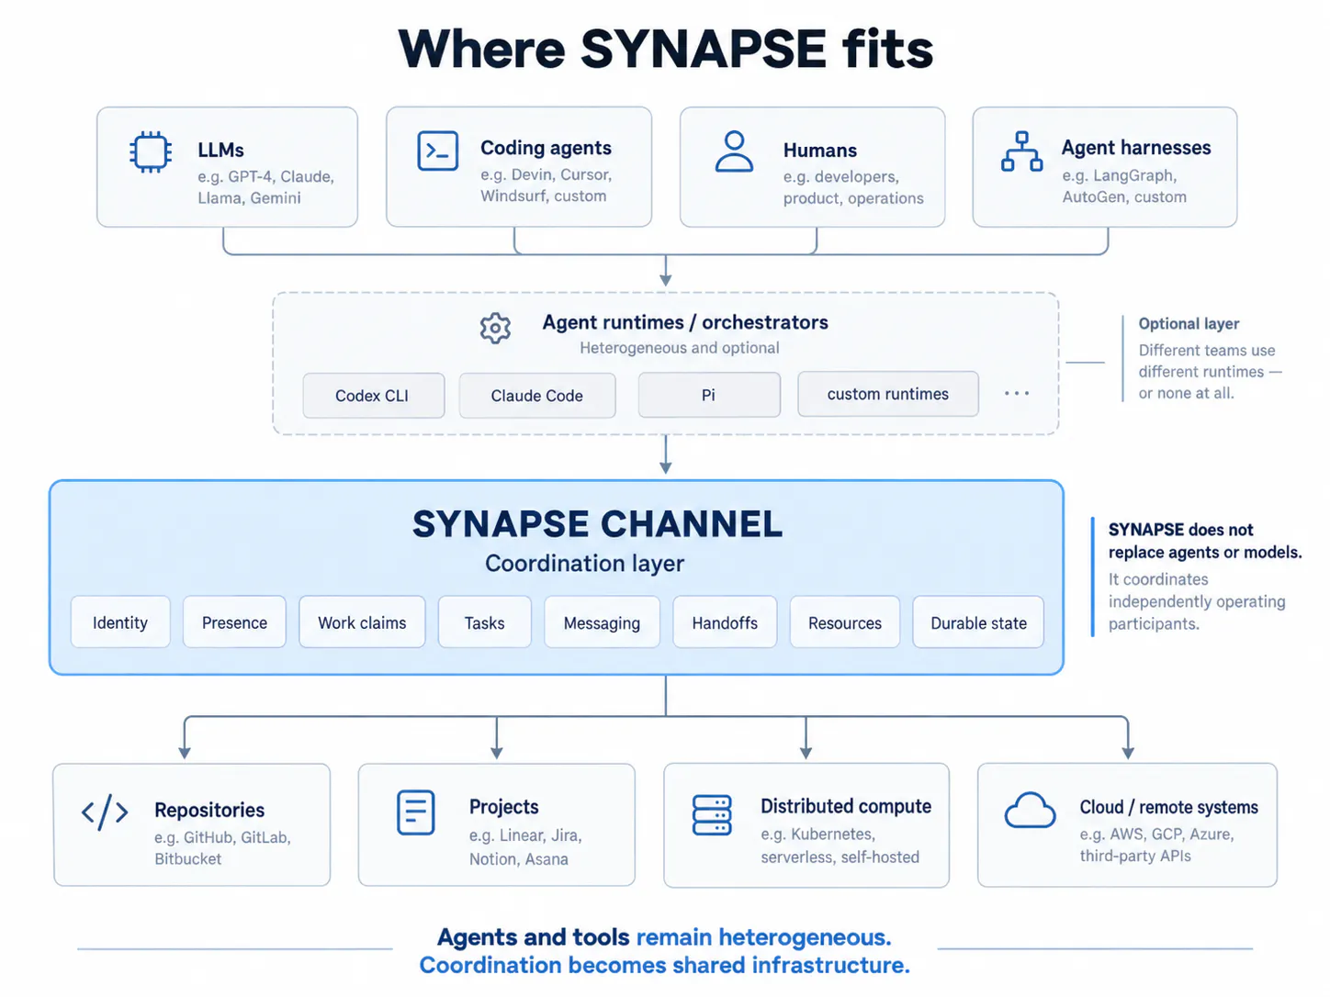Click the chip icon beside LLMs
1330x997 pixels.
pyautogui.click(x=151, y=151)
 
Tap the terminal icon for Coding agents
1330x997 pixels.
pyautogui.click(x=437, y=151)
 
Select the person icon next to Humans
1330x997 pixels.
pyautogui.click(x=734, y=151)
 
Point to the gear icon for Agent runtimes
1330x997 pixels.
pyautogui.click(x=495, y=328)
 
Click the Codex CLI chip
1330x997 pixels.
pyautogui.click(x=373, y=396)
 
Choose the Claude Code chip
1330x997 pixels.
pyautogui.click(x=536, y=396)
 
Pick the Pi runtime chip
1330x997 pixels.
pyautogui.click(x=709, y=395)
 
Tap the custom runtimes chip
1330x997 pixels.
pyautogui.click(x=887, y=394)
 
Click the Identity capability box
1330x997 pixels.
pyautogui.click(x=120, y=622)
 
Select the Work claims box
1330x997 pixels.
pyautogui.click(x=362, y=622)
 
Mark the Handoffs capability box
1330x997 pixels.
pyautogui.click(x=725, y=622)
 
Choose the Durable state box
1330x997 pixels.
pyautogui.click(x=978, y=622)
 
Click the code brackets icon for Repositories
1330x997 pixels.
pyautogui.click(x=105, y=812)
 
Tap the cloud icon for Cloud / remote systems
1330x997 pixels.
pyautogui.click(x=1030, y=810)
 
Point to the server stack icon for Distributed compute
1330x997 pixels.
pyautogui.click(x=712, y=815)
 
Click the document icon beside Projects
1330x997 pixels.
pyautogui.click(x=416, y=812)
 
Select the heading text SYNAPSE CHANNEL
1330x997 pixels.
pyautogui.click(x=597, y=523)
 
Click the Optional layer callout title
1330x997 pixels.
pyautogui.click(x=1189, y=324)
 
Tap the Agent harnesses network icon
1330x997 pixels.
pyautogui.click(x=1021, y=151)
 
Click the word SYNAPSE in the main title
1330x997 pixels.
pyautogui.click(x=703, y=49)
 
